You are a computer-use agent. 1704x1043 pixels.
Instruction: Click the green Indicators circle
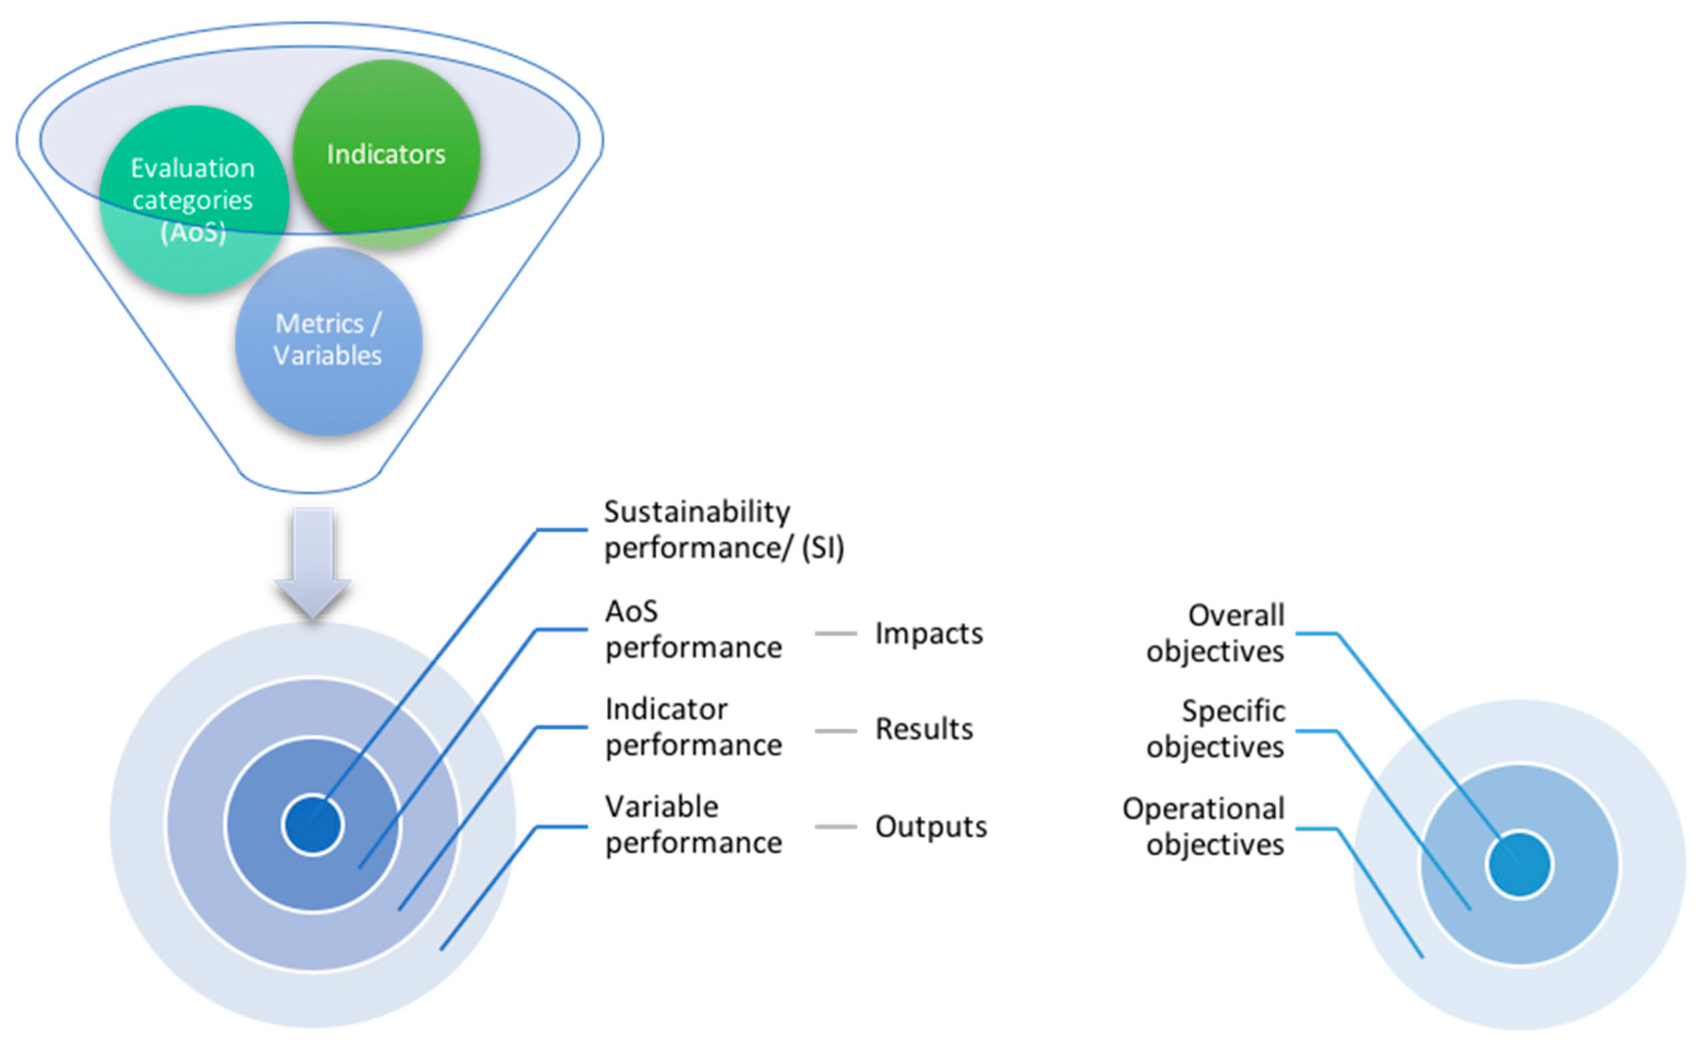click(386, 154)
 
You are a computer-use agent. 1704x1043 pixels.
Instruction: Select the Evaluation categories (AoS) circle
click(193, 199)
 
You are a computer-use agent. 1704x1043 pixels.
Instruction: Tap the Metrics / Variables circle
click(328, 340)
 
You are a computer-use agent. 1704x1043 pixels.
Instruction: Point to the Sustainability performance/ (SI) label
click(722, 530)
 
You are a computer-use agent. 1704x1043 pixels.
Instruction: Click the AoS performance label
click(693, 629)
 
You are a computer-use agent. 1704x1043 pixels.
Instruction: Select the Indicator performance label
click(693, 727)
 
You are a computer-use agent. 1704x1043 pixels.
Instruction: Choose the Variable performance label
click(693, 825)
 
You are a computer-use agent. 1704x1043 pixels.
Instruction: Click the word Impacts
click(929, 634)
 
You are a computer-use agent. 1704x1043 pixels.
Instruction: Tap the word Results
click(924, 729)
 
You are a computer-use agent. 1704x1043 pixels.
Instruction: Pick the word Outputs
click(931, 826)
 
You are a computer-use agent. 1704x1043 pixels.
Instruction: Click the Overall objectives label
click(1216, 633)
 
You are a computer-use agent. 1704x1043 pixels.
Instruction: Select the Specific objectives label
click(1216, 729)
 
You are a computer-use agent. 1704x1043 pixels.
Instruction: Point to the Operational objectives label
click(1203, 826)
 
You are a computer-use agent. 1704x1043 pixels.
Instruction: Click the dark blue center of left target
click(312, 825)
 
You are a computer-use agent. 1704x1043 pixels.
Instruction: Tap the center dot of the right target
click(1519, 864)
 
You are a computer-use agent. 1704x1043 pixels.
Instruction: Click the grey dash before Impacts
click(836, 633)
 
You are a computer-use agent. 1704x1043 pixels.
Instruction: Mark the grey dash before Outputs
click(836, 826)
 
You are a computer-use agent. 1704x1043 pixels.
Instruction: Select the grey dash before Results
click(836, 731)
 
